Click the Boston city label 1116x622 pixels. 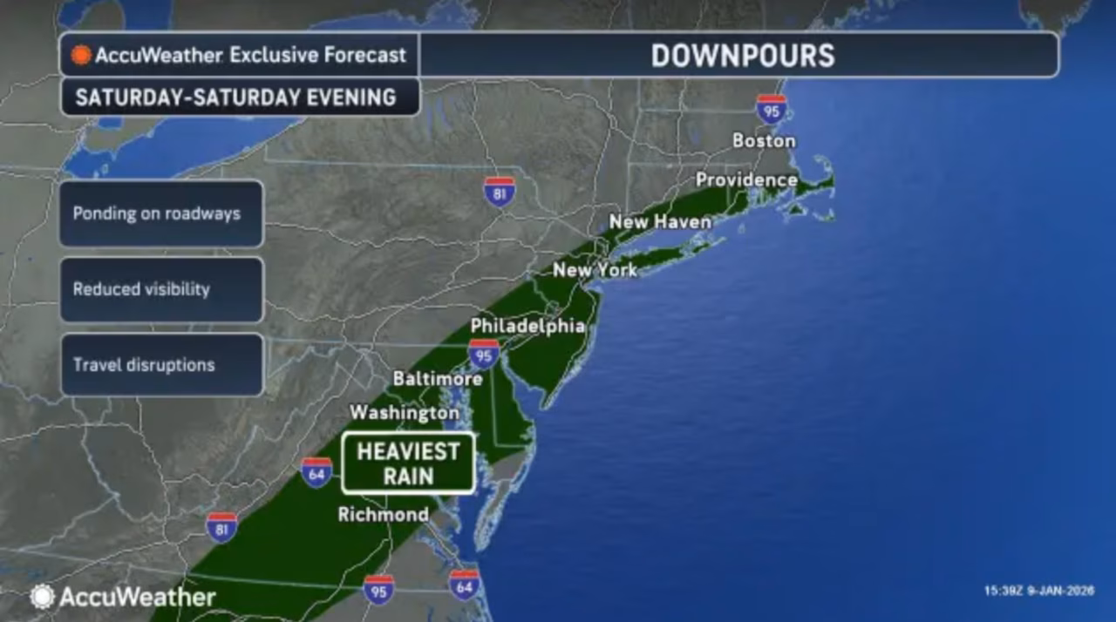tap(764, 140)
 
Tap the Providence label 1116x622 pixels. tap(746, 180)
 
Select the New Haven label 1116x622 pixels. tap(660, 222)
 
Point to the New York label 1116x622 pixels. tap(595, 270)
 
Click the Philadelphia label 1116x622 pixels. tap(527, 326)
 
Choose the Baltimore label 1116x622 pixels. tap(438, 379)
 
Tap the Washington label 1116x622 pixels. tap(405, 412)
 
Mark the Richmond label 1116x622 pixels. tap(384, 515)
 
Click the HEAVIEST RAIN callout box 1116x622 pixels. tap(408, 463)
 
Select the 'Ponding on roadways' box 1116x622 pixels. tap(161, 213)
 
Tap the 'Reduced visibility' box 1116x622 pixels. tap(161, 289)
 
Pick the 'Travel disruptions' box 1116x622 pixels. tap(161, 364)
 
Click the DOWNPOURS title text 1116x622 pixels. tap(743, 56)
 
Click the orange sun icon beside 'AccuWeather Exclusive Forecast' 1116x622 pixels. tap(81, 55)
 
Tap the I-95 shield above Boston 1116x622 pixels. tap(771, 109)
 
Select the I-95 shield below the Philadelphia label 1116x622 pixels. tap(483, 354)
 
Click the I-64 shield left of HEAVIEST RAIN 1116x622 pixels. tap(316, 472)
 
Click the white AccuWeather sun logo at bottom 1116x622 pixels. tap(42, 597)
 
